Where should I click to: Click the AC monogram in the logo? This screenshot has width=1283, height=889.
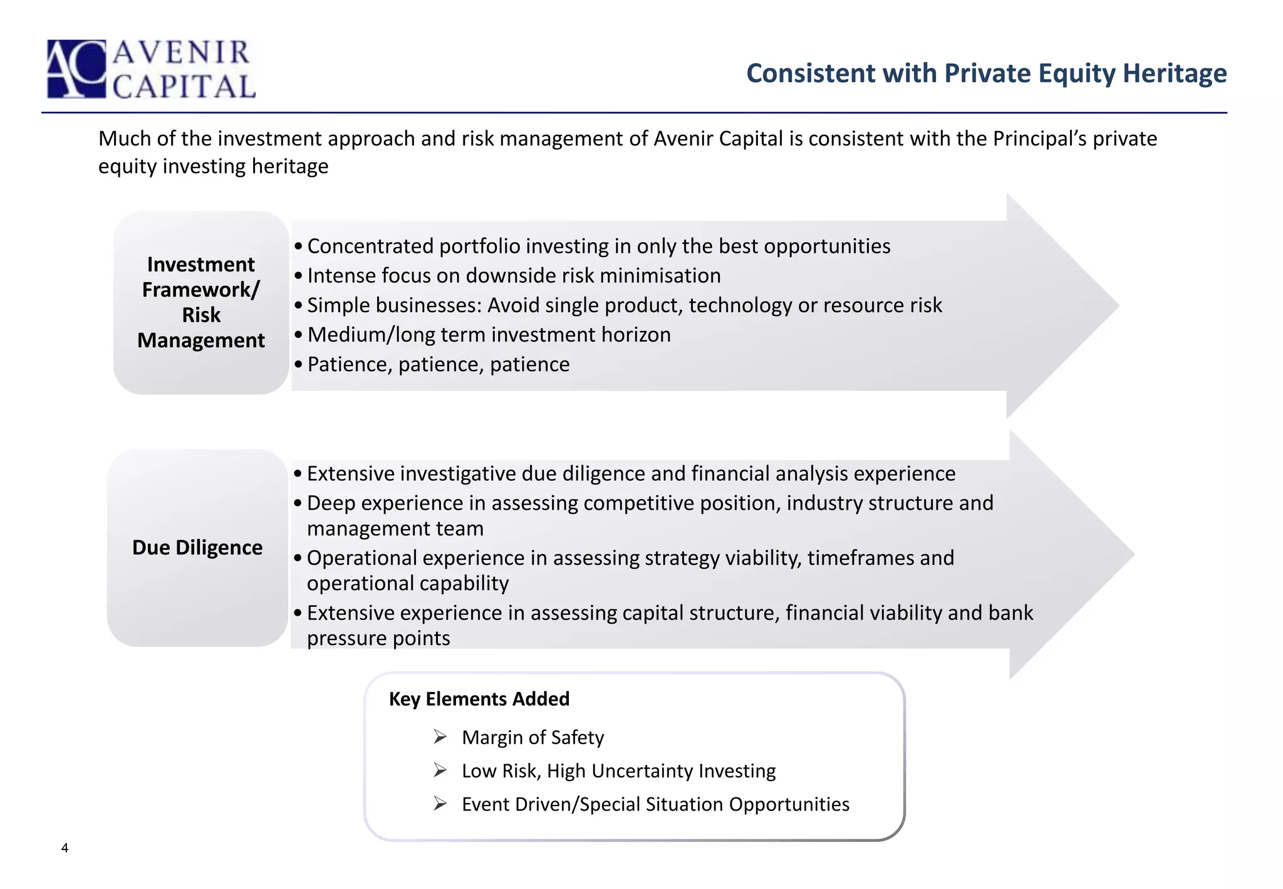76,69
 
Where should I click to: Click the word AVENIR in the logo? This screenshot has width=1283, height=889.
182,53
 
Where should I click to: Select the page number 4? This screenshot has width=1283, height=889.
65,848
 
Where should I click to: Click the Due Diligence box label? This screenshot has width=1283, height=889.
197,547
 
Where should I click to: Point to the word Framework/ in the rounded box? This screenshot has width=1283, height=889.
200,290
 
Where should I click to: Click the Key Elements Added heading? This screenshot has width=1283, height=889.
479,699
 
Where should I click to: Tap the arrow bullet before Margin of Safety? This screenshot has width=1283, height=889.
440,737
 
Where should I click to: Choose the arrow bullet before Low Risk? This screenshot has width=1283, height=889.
440,770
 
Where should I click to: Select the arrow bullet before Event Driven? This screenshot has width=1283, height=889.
440,804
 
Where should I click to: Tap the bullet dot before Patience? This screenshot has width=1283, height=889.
298,364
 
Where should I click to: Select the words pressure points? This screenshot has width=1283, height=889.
378,638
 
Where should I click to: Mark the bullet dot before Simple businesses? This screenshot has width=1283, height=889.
298,305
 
